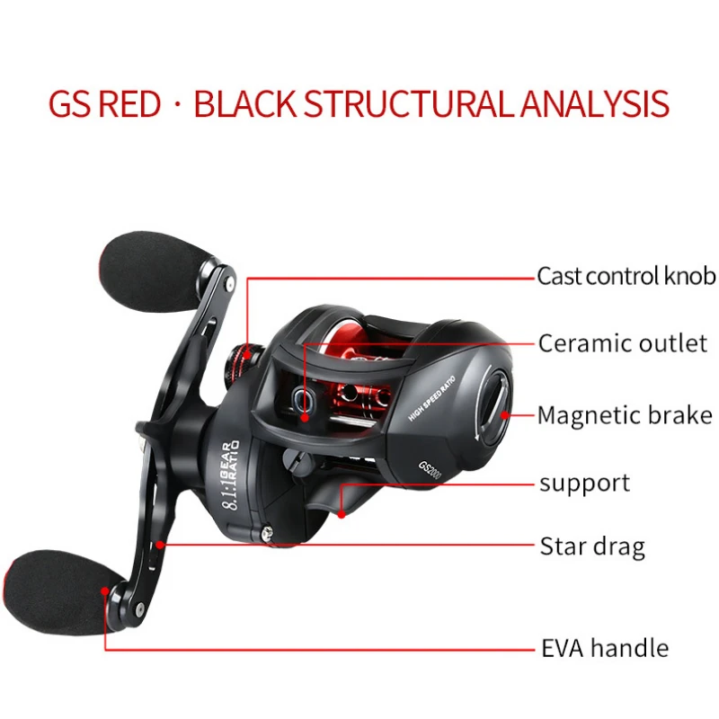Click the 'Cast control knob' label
626,276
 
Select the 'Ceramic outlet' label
623,342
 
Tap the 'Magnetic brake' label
626,414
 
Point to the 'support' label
584,484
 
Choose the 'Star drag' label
591,546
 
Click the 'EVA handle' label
604,648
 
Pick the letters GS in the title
69,104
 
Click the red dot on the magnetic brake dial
503,414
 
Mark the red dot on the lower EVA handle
106,591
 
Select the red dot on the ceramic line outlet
306,416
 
